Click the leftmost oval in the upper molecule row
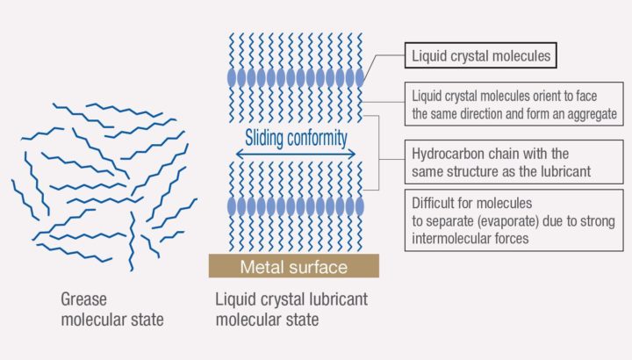tap(232, 77)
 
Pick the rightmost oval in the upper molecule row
tap(359, 77)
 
